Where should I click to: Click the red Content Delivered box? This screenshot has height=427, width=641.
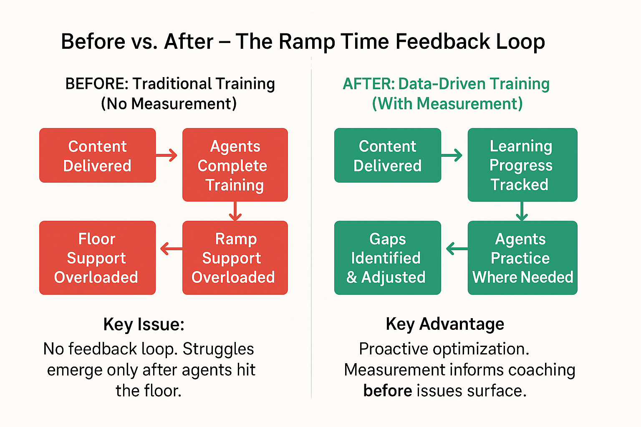[97, 156]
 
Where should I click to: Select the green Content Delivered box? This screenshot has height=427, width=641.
[387, 156]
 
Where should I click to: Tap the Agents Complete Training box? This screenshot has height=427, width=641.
[235, 165]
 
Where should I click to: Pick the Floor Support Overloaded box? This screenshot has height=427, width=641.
[97, 258]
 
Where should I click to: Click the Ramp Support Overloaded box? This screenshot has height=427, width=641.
[235, 258]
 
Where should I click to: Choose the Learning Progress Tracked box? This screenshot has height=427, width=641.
[522, 165]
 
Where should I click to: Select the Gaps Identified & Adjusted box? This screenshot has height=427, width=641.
[387, 258]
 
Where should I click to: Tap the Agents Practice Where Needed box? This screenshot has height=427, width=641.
[522, 258]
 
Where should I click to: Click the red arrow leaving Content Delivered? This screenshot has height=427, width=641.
[167, 156]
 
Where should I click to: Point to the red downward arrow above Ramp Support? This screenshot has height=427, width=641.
[235, 211]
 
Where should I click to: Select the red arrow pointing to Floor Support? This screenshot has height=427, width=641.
[171, 249]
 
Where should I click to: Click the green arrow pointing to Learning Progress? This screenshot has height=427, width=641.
[452, 155]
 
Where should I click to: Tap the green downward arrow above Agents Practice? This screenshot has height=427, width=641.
[522, 211]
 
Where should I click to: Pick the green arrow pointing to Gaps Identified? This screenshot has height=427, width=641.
[457, 249]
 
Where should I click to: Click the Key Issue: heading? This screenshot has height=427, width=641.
[144, 324]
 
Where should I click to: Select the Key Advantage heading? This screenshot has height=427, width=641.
[445, 324]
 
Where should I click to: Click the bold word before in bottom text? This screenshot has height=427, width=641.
[388, 391]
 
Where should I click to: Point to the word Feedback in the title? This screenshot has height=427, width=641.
[442, 42]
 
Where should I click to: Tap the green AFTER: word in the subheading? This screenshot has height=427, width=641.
[368, 84]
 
